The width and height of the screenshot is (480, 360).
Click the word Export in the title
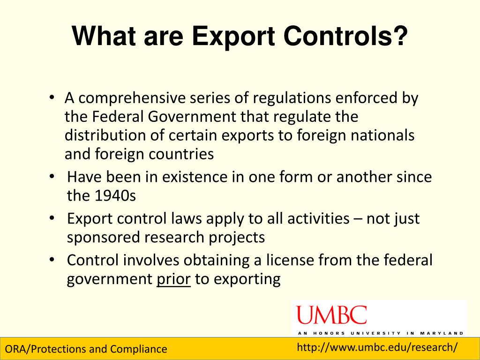pyautogui.click(x=233, y=37)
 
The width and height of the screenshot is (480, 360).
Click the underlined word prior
pyautogui.click(x=173, y=279)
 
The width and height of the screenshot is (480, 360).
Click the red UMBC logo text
pyautogui.click(x=331, y=315)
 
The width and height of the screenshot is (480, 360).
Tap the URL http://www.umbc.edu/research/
pyautogui.click(x=377, y=347)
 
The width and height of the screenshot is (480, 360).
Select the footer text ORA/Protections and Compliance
pyautogui.click(x=86, y=349)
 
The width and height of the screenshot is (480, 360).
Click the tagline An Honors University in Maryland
pyautogui.click(x=381, y=333)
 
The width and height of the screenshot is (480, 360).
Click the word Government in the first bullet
pyautogui.click(x=192, y=117)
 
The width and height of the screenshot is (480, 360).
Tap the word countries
pyautogui.click(x=181, y=154)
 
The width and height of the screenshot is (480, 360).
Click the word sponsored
pyautogui.click(x=103, y=238)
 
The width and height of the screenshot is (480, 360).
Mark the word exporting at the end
pyautogui.click(x=247, y=279)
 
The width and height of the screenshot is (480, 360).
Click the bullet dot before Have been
pyautogui.click(x=52, y=177)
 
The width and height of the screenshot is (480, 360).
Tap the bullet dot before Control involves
pyautogui.click(x=52, y=260)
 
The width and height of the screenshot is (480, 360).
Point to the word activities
pyautogui.click(x=318, y=218)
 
